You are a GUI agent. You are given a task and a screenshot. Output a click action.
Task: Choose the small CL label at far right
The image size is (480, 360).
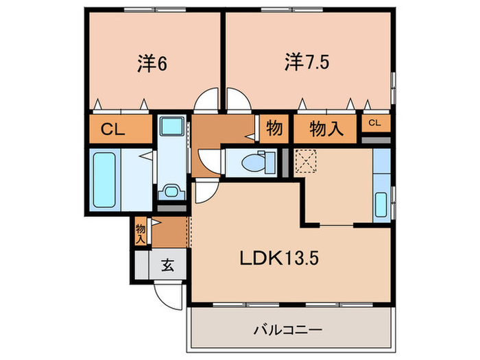(375, 123)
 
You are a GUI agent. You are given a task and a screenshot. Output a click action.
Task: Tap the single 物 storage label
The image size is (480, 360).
(274, 129)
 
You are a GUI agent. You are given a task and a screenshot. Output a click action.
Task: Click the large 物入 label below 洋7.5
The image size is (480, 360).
(326, 129)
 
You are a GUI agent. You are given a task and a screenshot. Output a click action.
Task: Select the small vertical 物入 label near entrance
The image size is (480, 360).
(141, 233)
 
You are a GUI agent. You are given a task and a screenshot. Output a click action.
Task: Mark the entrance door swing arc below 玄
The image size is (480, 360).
(167, 293)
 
